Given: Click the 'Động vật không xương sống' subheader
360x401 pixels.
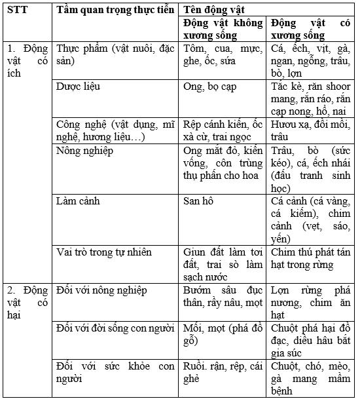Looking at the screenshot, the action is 223,29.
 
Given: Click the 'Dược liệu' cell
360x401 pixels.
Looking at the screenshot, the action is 79,86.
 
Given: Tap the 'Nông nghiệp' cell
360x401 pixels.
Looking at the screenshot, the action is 85,151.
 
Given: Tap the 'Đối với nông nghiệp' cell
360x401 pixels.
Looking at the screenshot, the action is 102,290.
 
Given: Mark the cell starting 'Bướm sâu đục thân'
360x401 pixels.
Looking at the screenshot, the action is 223,296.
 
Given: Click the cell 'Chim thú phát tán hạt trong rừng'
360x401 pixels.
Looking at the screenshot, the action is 310,258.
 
